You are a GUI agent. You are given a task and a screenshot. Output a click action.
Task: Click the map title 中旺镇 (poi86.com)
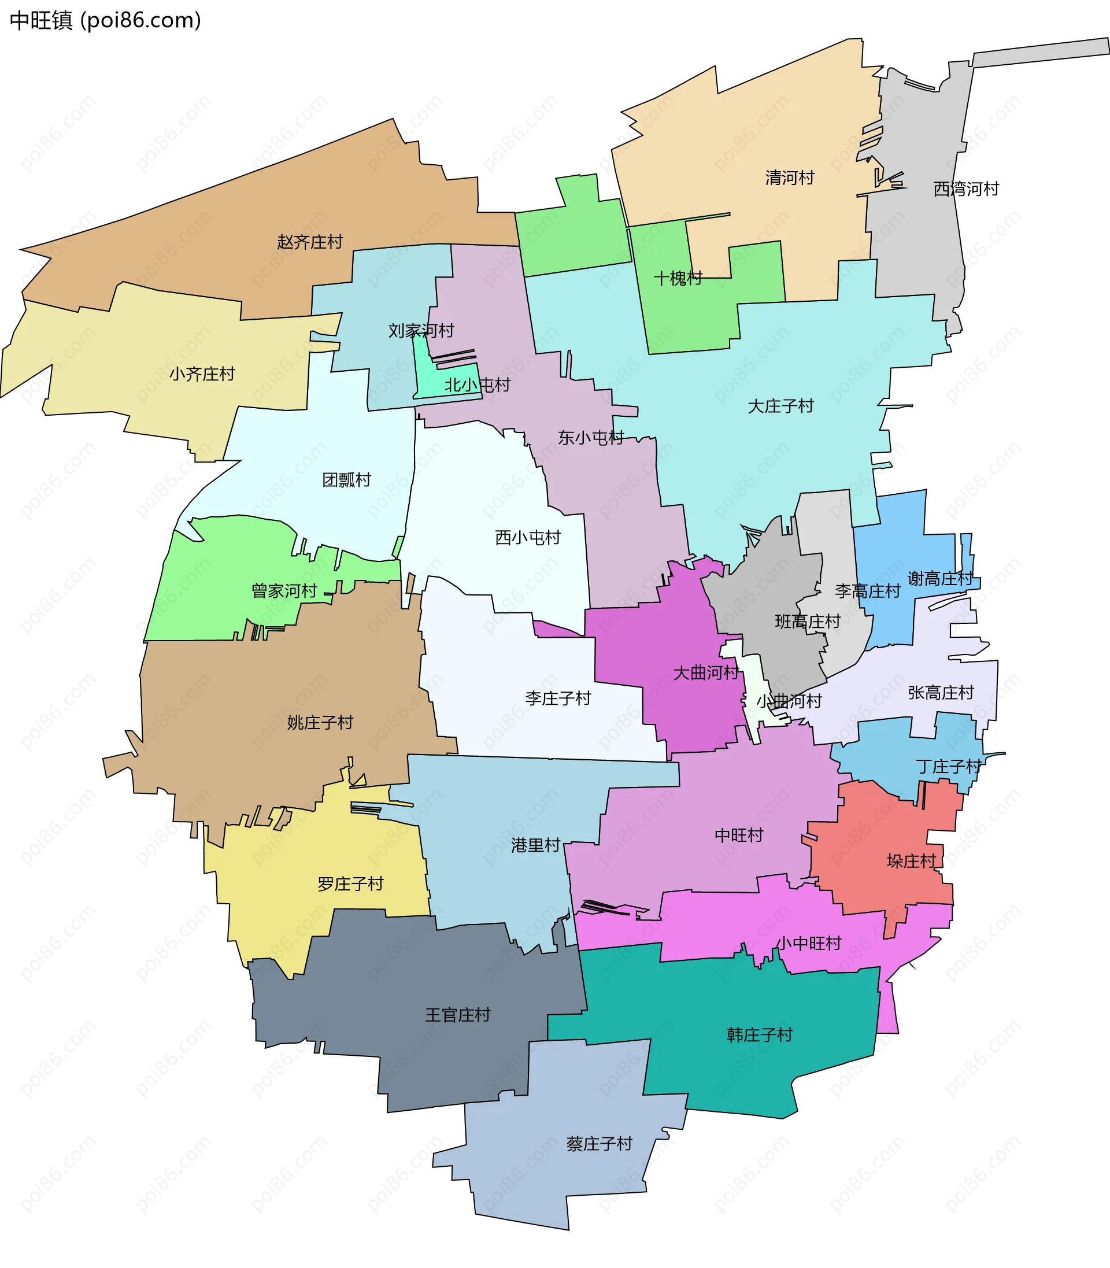[105, 20]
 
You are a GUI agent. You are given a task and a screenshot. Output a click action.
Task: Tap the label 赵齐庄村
[310, 242]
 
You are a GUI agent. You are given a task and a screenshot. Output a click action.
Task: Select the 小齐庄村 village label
[202, 374]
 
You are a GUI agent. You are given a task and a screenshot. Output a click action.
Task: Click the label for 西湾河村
[965, 189]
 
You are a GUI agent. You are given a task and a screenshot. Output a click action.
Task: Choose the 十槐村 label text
[678, 278]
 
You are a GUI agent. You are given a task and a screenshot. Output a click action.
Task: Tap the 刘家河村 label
[421, 331]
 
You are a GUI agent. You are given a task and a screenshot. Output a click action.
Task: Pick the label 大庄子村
[780, 406]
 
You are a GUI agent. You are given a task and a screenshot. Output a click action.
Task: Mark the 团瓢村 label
[346, 480]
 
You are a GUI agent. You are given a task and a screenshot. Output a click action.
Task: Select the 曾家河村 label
[284, 591]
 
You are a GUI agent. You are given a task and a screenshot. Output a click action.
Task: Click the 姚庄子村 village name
[320, 722]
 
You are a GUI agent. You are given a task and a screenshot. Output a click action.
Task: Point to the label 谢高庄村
[939, 579]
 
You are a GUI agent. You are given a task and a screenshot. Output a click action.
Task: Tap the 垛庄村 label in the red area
[911, 861]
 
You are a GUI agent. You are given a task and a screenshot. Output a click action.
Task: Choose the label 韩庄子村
[760, 1034]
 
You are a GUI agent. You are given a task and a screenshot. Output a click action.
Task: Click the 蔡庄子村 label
[599, 1144]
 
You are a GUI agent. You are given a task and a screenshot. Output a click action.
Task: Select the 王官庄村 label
[457, 1015]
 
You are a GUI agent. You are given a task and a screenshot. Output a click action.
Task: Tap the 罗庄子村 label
[350, 883]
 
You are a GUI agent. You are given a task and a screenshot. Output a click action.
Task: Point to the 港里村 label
[535, 845]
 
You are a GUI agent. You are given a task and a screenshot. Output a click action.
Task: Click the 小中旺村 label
[808, 944]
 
